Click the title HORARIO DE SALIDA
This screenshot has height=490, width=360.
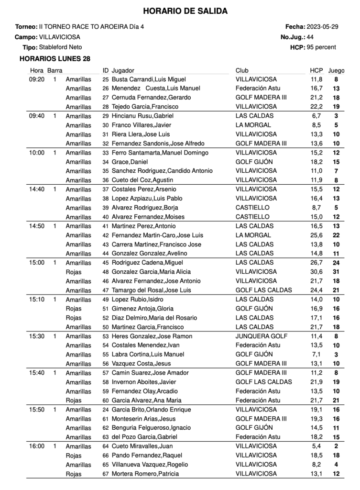coord(185,11)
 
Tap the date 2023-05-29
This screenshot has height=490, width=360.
coord(322,27)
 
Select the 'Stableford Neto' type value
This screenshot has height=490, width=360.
coord(60,47)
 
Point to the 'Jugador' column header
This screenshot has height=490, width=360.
coord(123,70)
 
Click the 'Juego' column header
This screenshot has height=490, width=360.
coord(336,70)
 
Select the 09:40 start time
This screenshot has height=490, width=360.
coord(36,116)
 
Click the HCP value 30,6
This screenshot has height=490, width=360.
coord(316,272)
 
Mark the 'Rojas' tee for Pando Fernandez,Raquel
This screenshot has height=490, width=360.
coord(74,456)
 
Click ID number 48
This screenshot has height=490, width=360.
coord(106,272)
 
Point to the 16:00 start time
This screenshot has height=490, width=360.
coord(36,446)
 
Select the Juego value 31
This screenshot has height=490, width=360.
coord(336,272)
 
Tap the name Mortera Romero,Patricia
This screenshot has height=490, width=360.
coord(145,474)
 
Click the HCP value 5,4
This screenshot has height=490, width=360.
coord(316,446)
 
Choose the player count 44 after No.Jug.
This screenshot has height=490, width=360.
coord(310,37)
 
